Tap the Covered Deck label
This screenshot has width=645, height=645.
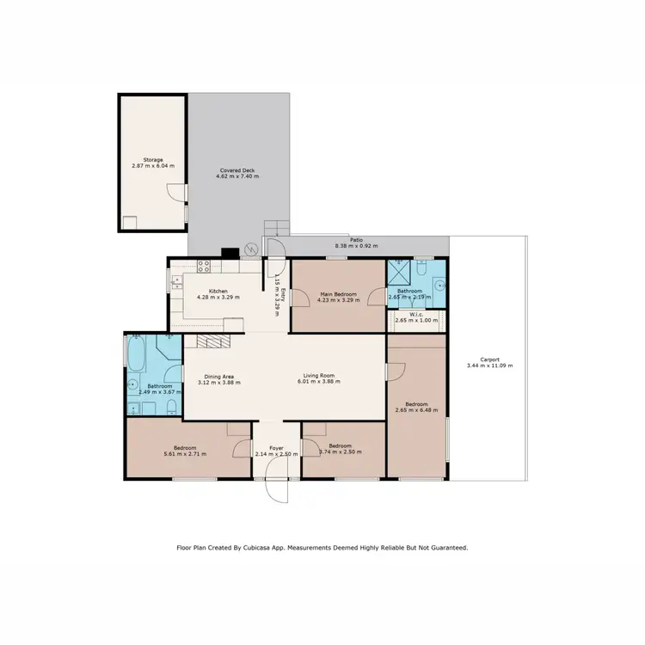tap(238, 170)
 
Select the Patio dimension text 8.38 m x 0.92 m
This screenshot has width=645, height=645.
tap(355, 248)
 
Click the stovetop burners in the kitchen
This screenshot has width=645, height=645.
tap(205, 266)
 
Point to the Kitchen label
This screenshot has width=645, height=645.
tap(218, 291)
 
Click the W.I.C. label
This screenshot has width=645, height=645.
tap(416, 314)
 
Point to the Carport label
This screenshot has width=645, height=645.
tap(488, 359)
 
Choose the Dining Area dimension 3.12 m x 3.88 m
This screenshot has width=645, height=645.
tap(217, 382)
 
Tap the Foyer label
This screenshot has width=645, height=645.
tap(276, 447)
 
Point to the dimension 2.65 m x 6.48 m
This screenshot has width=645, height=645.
tap(416, 409)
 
